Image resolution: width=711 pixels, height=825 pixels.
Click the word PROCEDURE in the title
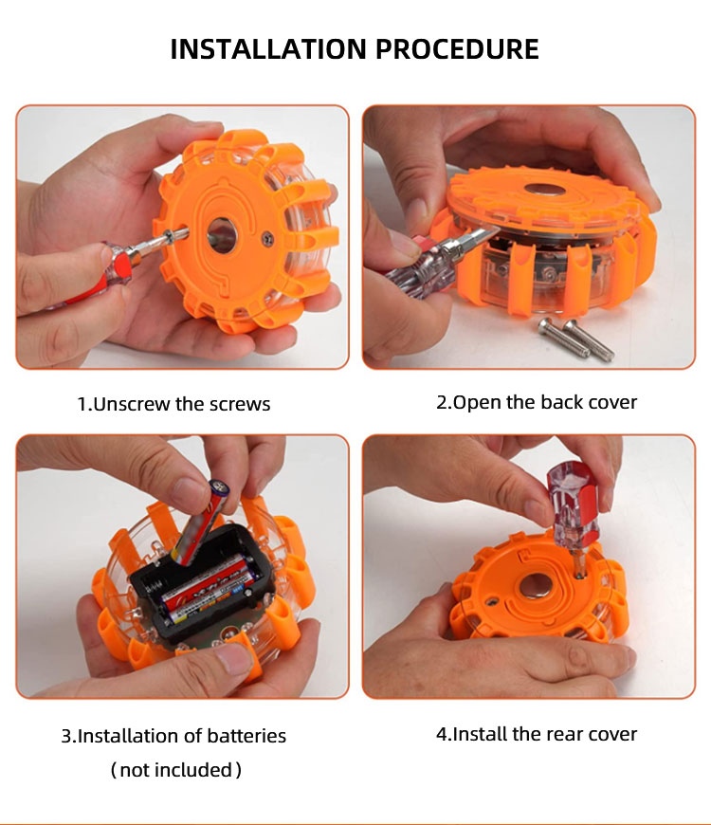[x=457, y=49]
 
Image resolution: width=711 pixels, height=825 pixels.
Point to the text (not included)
[x=176, y=770]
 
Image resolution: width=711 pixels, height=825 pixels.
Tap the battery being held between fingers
[x=201, y=521]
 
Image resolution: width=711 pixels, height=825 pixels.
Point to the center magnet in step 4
[x=536, y=586]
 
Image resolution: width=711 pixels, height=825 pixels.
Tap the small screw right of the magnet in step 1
[x=267, y=239]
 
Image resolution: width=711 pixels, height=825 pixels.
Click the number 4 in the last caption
[x=441, y=734]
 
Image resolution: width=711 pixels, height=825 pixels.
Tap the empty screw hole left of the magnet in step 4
[x=492, y=601]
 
